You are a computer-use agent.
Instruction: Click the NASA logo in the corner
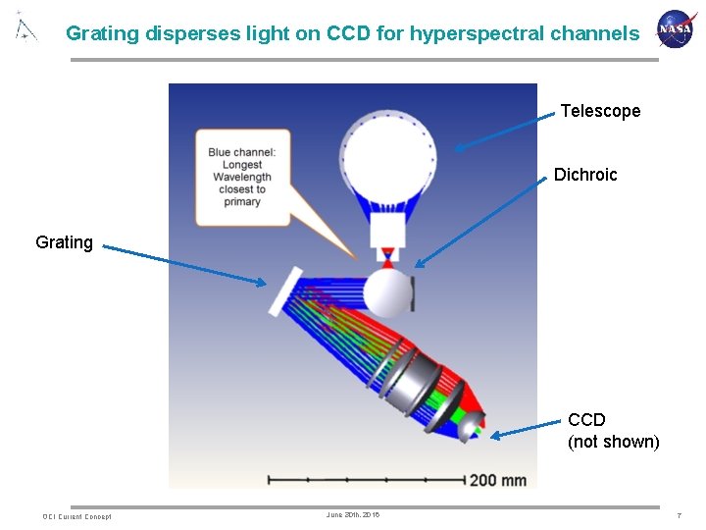[675, 29]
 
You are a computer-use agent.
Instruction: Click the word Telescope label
[600, 111]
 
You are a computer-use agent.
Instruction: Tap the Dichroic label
[585, 175]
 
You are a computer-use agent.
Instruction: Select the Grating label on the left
[64, 241]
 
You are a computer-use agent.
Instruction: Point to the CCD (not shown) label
[613, 431]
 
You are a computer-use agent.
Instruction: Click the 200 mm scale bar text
[497, 480]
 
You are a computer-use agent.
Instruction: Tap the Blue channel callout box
[242, 177]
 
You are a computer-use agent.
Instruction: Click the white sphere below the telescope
[386, 292]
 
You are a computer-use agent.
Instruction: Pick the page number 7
[678, 515]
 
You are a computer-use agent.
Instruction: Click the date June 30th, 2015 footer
[352, 515]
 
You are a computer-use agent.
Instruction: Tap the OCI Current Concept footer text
[76, 516]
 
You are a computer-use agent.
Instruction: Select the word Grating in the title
[103, 33]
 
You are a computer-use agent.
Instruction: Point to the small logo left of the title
[25, 27]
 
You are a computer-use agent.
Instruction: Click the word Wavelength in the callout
[242, 178]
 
